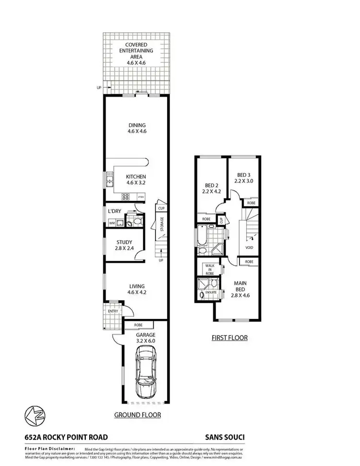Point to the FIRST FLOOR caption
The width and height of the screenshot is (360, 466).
pyautogui.click(x=229, y=338)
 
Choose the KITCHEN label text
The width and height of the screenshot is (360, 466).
pyautogui.click(x=136, y=177)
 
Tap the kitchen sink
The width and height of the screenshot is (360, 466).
pyautogui.click(x=110, y=182)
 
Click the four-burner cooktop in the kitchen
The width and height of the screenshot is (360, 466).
pyautogui.click(x=126, y=196)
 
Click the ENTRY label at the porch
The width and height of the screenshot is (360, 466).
pyautogui.click(x=113, y=311)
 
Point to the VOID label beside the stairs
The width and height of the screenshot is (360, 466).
pyautogui.click(x=249, y=248)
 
